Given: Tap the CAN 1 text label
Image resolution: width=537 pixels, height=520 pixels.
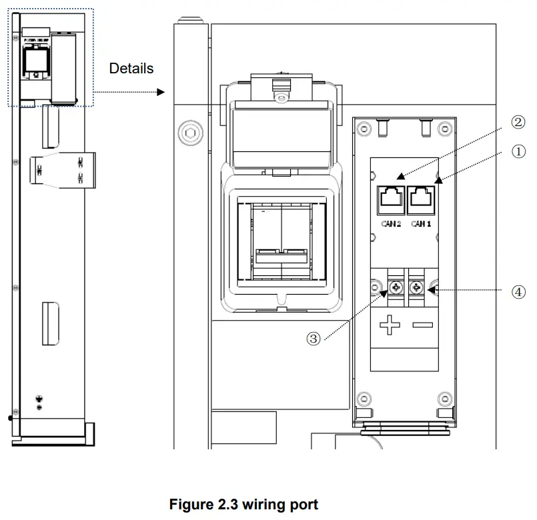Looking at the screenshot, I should tap(422, 224).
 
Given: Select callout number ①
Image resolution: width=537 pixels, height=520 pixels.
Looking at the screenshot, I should tap(518, 151).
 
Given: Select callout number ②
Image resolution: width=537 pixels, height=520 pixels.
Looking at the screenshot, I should tap(518, 122).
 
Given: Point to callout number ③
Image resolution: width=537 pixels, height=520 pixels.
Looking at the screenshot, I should tap(313, 339).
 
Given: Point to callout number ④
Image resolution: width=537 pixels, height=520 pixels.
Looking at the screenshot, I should tap(518, 291).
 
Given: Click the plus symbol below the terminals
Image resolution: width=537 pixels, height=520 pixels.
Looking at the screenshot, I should tap(389, 326).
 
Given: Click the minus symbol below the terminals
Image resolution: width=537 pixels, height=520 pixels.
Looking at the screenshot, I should tap(422, 326).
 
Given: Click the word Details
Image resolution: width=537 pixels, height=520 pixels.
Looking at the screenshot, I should tap(131, 68).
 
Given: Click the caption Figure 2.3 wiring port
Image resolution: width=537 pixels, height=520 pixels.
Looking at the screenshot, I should tap(243, 504).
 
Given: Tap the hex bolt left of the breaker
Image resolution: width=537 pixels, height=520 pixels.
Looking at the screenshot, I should tap(189, 134).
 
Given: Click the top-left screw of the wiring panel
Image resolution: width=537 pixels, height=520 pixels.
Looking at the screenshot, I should tap(363, 129).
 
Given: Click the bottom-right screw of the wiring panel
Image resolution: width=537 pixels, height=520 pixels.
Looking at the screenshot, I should tap(444, 399).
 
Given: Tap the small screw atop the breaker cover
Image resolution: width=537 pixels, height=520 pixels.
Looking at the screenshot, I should tap(283, 98).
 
